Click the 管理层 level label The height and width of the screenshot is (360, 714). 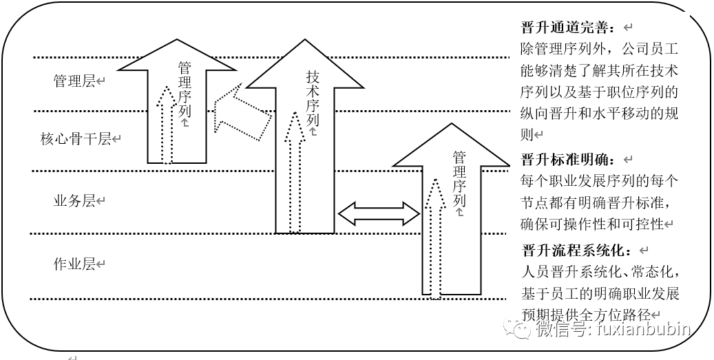74,81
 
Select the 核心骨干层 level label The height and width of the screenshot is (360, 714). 76,139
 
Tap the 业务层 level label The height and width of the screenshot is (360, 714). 74,201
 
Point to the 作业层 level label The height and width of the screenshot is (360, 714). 74,264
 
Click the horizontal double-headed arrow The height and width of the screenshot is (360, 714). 379,213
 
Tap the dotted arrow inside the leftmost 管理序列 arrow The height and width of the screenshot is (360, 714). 166,124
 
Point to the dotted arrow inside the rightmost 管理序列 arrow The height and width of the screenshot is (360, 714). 434,234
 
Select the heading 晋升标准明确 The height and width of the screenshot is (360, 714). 566,160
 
